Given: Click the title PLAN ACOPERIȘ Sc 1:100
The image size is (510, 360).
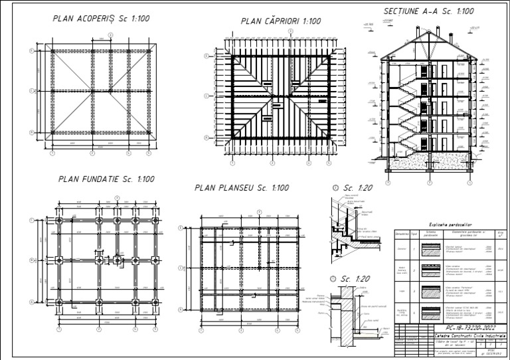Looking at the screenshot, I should click(x=101, y=18).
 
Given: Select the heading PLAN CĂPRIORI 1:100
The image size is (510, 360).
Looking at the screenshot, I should click(x=281, y=21).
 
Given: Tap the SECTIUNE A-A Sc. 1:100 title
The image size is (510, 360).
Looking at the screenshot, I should click(x=428, y=11).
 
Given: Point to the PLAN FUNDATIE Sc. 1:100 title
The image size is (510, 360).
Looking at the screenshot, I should click(x=106, y=179).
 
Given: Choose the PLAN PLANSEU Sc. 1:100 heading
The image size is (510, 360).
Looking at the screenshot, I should click(x=242, y=188).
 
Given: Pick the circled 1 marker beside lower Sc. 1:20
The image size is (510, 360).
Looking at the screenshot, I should click(x=335, y=279).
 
